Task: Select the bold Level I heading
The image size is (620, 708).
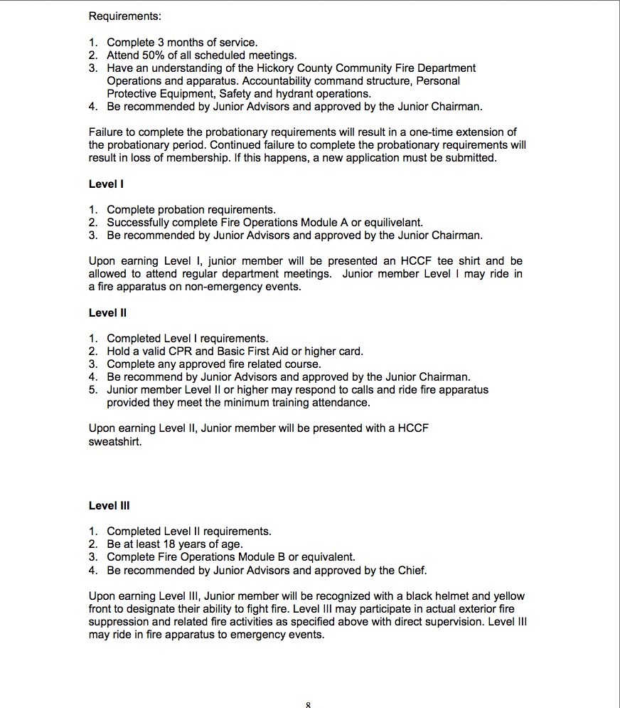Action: click(x=106, y=184)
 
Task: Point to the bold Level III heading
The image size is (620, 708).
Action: click(x=109, y=506)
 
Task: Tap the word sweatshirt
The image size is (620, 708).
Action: click(x=116, y=441)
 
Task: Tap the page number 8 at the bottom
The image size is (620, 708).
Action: click(x=309, y=704)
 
